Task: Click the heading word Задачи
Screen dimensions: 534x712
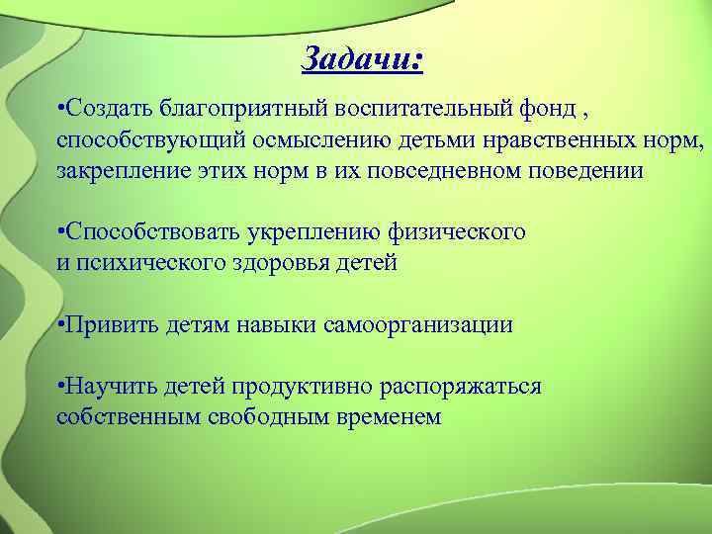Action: [362, 60]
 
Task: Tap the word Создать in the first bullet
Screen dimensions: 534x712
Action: [102, 106]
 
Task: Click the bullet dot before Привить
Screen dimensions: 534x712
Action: [60, 323]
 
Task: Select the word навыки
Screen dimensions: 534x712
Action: [274, 323]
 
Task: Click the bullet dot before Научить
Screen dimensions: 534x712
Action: [60, 384]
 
